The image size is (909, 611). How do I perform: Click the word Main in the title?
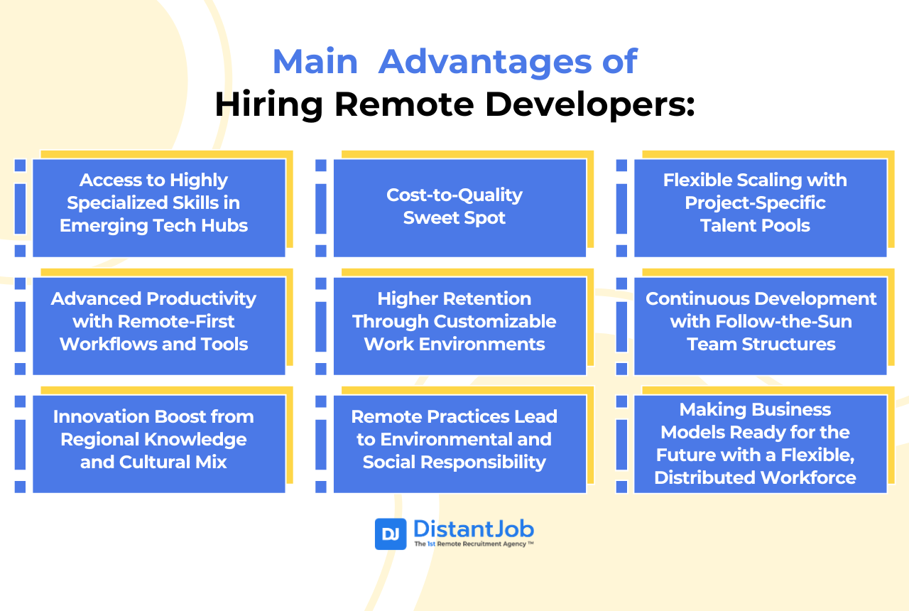315,62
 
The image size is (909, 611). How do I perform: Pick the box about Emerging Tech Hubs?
158,207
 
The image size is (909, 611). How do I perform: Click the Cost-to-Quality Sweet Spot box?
459,207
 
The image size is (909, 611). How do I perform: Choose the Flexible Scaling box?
760,207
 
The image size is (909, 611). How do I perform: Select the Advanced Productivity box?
158,325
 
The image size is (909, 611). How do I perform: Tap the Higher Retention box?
459,325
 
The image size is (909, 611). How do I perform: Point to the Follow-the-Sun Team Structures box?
760,325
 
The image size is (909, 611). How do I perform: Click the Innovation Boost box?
158,443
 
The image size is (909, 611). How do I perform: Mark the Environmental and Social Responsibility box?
459,443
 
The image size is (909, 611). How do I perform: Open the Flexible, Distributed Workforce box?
760,443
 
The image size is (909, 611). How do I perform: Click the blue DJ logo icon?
391,534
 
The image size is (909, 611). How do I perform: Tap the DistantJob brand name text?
473,529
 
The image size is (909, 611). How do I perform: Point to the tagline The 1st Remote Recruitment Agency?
472,544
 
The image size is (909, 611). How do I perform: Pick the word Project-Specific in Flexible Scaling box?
755,203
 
